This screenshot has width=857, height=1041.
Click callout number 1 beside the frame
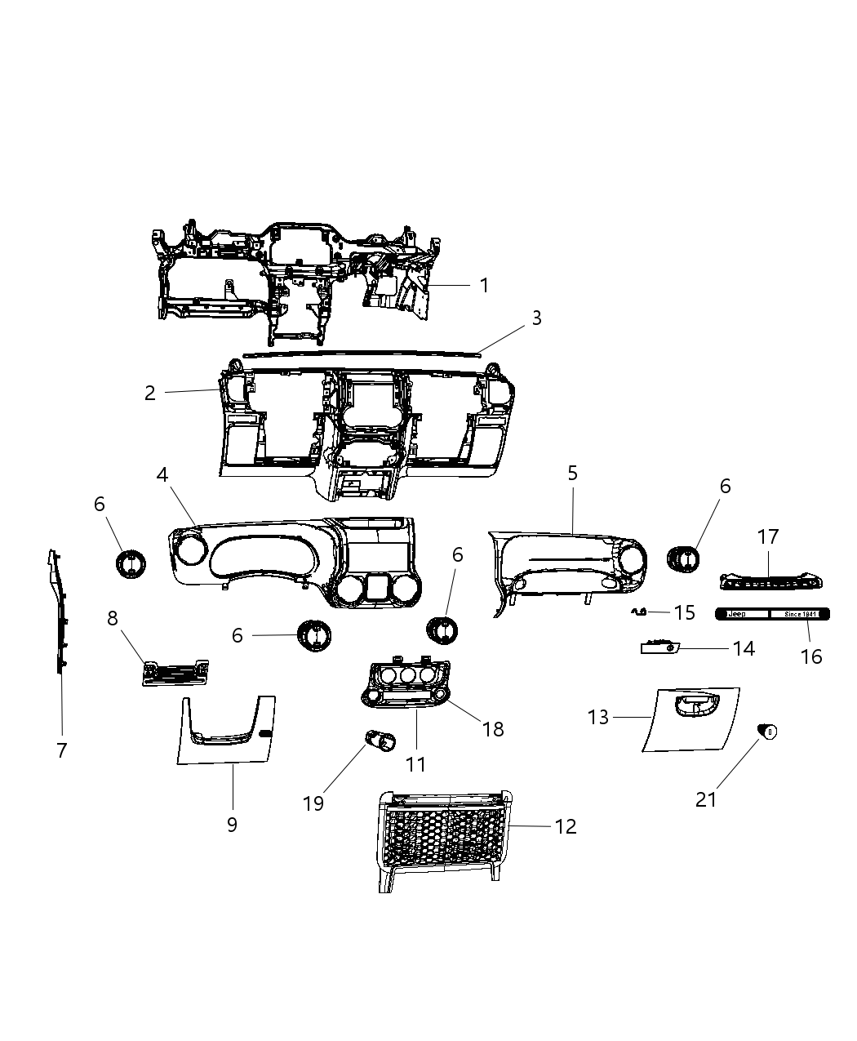tap(484, 285)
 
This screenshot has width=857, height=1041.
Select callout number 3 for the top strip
tap(536, 318)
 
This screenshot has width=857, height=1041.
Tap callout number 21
tap(706, 799)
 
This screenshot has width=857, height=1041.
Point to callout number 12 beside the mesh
tap(565, 826)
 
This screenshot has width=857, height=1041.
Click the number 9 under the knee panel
tap(232, 824)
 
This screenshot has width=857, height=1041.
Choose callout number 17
tap(768, 536)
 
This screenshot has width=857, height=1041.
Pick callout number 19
tap(313, 803)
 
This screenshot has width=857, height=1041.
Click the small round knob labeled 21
tap(767, 732)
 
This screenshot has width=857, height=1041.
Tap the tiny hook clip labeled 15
tap(639, 611)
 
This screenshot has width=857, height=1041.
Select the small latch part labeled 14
tap(657, 648)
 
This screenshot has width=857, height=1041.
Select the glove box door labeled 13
tap(690, 718)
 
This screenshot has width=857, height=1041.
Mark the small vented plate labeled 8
tap(175, 673)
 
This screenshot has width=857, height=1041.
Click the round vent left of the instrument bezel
tap(130, 563)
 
